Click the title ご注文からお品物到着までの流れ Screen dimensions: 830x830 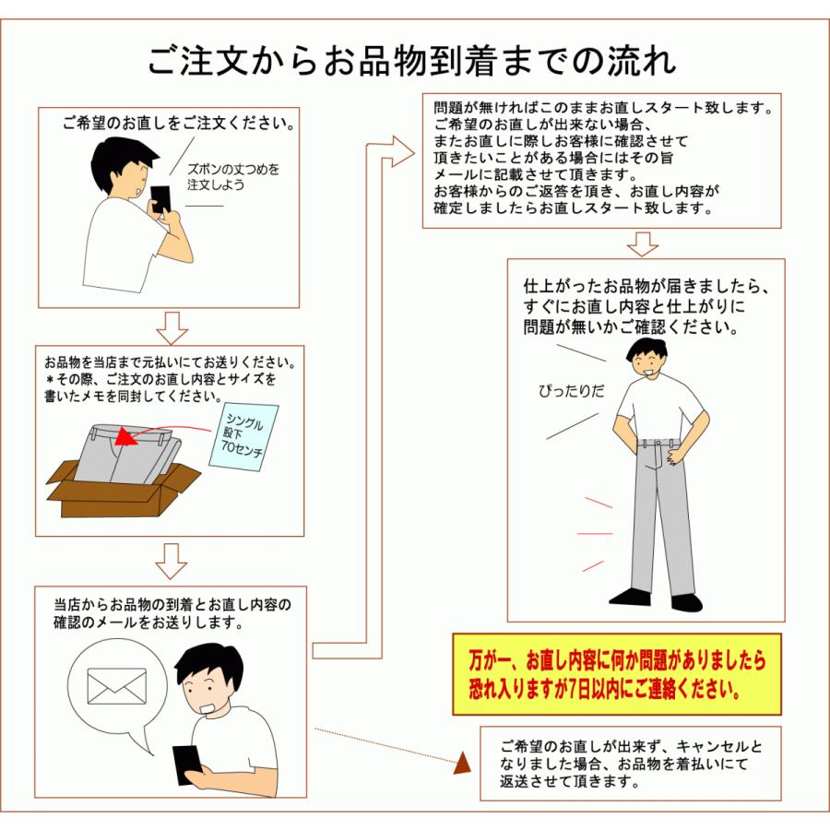tap(411, 61)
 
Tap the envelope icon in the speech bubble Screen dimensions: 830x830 tap(116, 686)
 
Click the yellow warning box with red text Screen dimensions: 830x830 tap(617, 674)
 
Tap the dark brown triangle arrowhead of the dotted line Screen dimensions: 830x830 tap(463, 764)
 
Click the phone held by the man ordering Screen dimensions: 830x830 tap(160, 199)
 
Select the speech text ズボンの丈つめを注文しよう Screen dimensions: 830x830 tap(233, 177)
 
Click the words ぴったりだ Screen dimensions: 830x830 tap(571, 391)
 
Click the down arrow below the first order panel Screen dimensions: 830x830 tap(172, 328)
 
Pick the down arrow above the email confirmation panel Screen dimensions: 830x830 tap(171, 561)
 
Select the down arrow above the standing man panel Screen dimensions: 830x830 tap(643, 244)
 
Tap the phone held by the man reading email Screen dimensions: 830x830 tap(186, 765)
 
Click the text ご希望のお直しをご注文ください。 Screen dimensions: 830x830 tap(179, 124)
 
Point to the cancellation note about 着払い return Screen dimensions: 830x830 tap(631, 764)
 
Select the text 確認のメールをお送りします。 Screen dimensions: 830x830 tap(148, 622)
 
